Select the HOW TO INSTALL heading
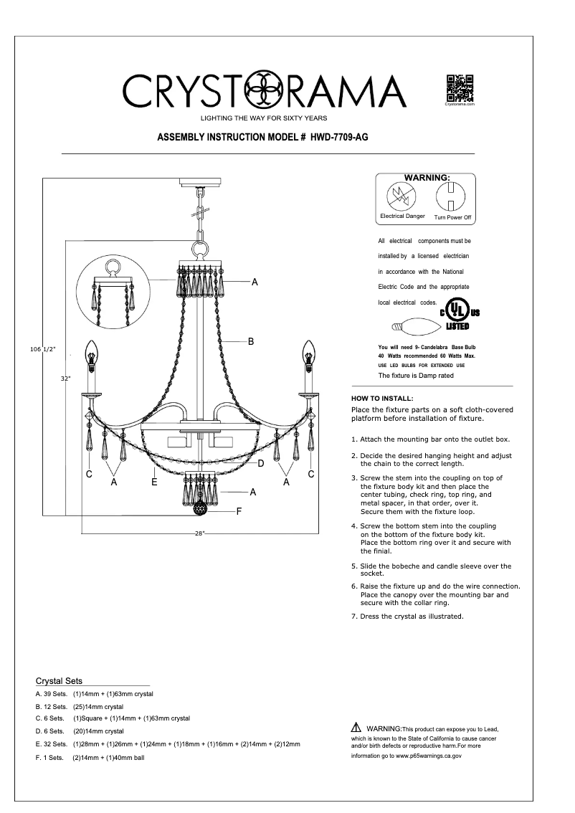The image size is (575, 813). click(382, 398)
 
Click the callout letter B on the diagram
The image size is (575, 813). click(251, 342)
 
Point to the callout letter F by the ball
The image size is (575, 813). click(239, 511)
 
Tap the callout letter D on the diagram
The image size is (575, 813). click(261, 464)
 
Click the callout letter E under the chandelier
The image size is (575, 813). click(154, 483)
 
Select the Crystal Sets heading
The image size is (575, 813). click(59, 681)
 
